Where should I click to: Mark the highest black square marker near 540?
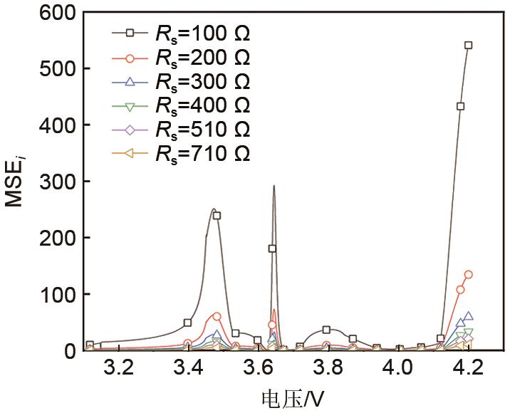tap(468, 45)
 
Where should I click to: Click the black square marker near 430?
tap(460, 106)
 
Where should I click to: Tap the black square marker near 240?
tap(217, 215)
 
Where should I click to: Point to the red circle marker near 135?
tap(468, 274)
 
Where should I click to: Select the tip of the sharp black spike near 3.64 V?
tap(274, 187)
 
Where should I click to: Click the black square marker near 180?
tap(271, 249)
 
